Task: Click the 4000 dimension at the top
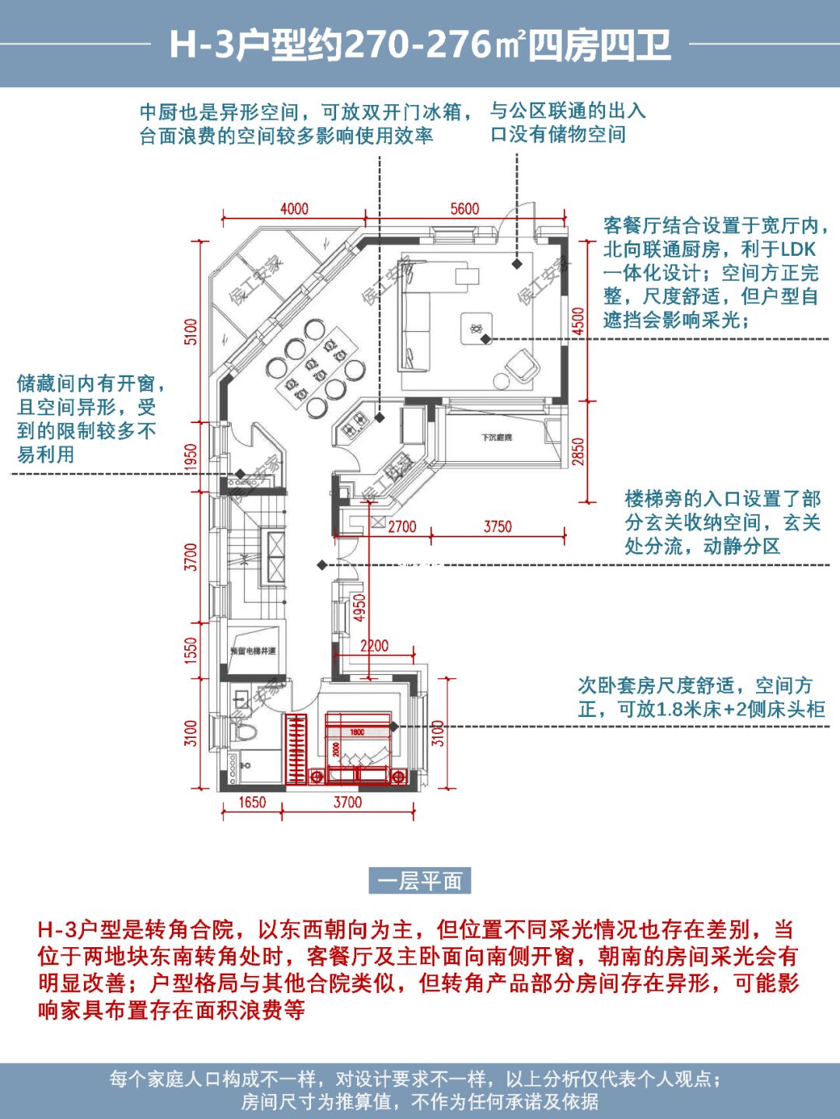pyautogui.click(x=294, y=208)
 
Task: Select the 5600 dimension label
pyautogui.click(x=464, y=208)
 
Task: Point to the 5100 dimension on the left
pyautogui.click(x=191, y=331)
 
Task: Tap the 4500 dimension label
pyautogui.click(x=578, y=321)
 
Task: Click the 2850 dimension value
pyautogui.click(x=578, y=452)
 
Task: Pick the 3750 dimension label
pyautogui.click(x=498, y=526)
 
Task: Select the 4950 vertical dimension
pyautogui.click(x=359, y=608)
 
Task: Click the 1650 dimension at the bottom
pyautogui.click(x=251, y=802)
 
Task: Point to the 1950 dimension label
pyautogui.click(x=191, y=457)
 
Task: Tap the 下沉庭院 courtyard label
pyautogui.click(x=495, y=438)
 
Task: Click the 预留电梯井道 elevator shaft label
pyautogui.click(x=253, y=650)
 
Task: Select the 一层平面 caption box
pyautogui.click(x=420, y=880)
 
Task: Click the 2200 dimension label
pyautogui.click(x=374, y=645)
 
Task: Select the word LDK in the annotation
pyautogui.click(x=798, y=250)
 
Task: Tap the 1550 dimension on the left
pyautogui.click(x=191, y=649)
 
